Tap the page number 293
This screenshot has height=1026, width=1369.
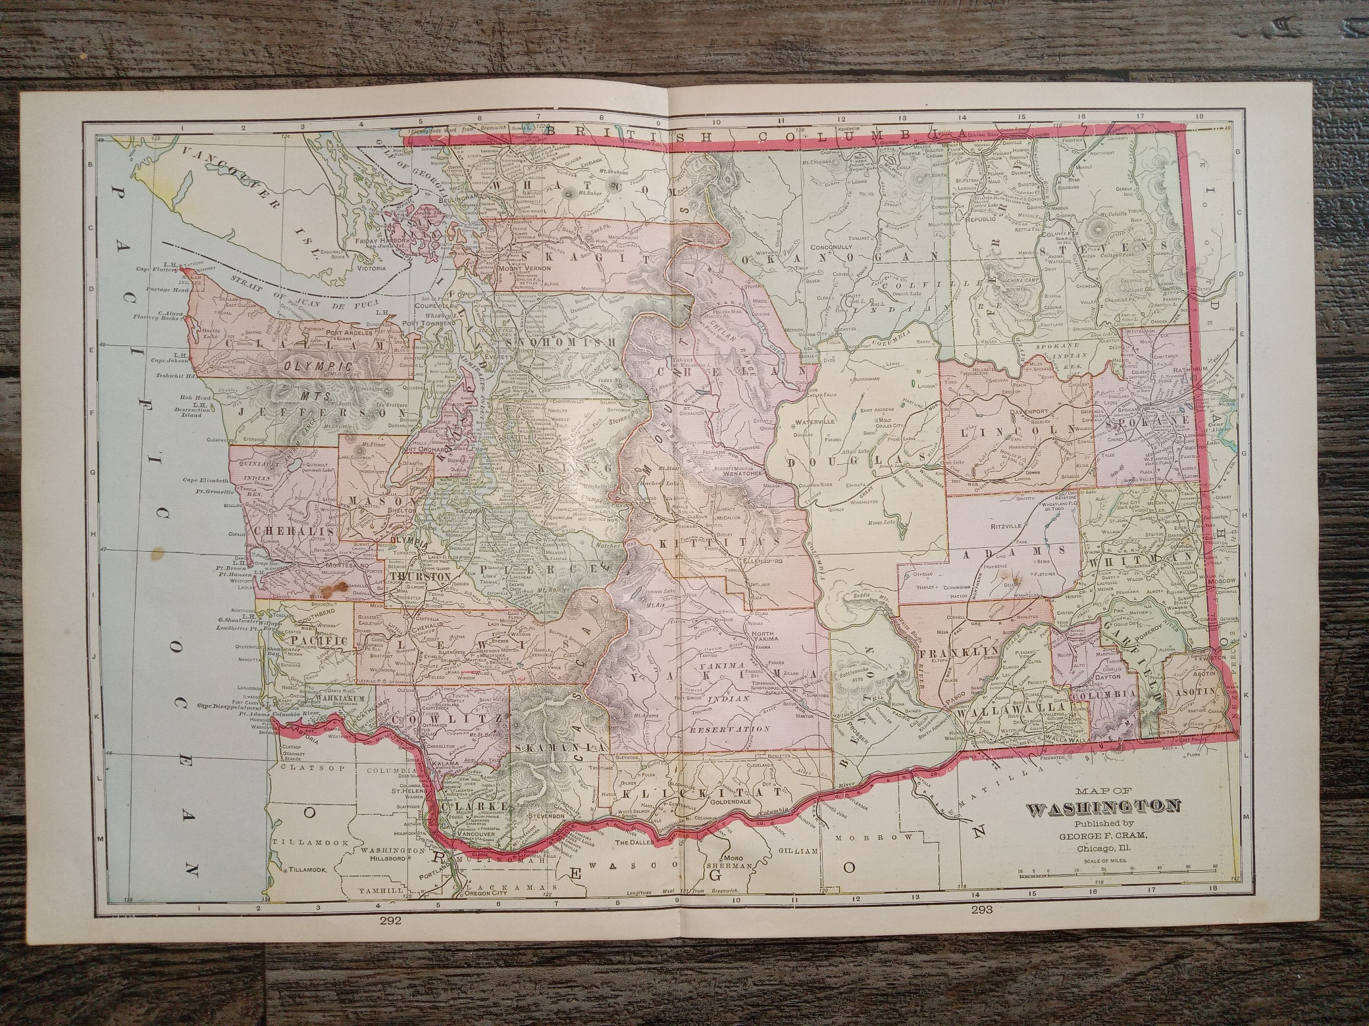tap(983, 910)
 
